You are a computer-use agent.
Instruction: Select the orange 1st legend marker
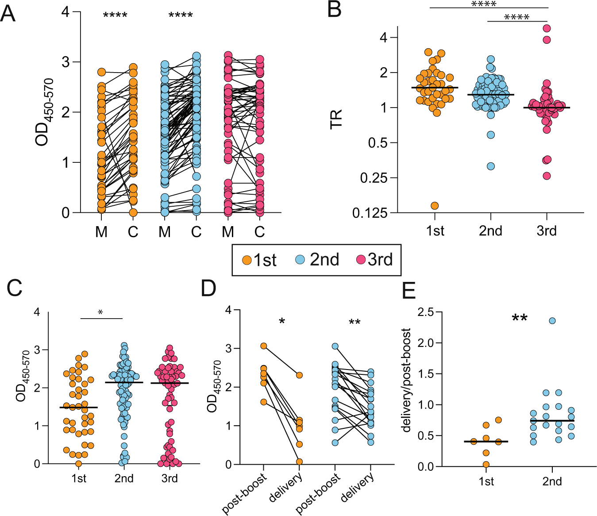tap(247, 260)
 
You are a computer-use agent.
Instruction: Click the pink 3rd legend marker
tap(361, 260)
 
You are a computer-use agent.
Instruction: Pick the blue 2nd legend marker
tap(300, 260)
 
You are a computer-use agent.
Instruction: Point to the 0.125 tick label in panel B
tap(370, 213)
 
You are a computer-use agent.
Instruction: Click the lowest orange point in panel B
tap(435, 206)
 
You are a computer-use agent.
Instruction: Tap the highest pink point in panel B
tap(547, 28)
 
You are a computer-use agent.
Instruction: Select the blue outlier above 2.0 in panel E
tap(552, 321)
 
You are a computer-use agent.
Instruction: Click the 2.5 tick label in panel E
tap(426, 312)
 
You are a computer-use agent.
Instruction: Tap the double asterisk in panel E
tap(520, 318)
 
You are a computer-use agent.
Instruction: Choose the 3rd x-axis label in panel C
tap(169, 478)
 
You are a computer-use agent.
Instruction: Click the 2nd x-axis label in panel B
tap(490, 231)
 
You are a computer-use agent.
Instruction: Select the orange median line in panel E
tap(486, 442)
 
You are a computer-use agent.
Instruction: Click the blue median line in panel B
tap(490, 95)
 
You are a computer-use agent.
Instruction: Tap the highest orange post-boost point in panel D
tap(263, 346)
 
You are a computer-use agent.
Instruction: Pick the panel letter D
tap(208, 288)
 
